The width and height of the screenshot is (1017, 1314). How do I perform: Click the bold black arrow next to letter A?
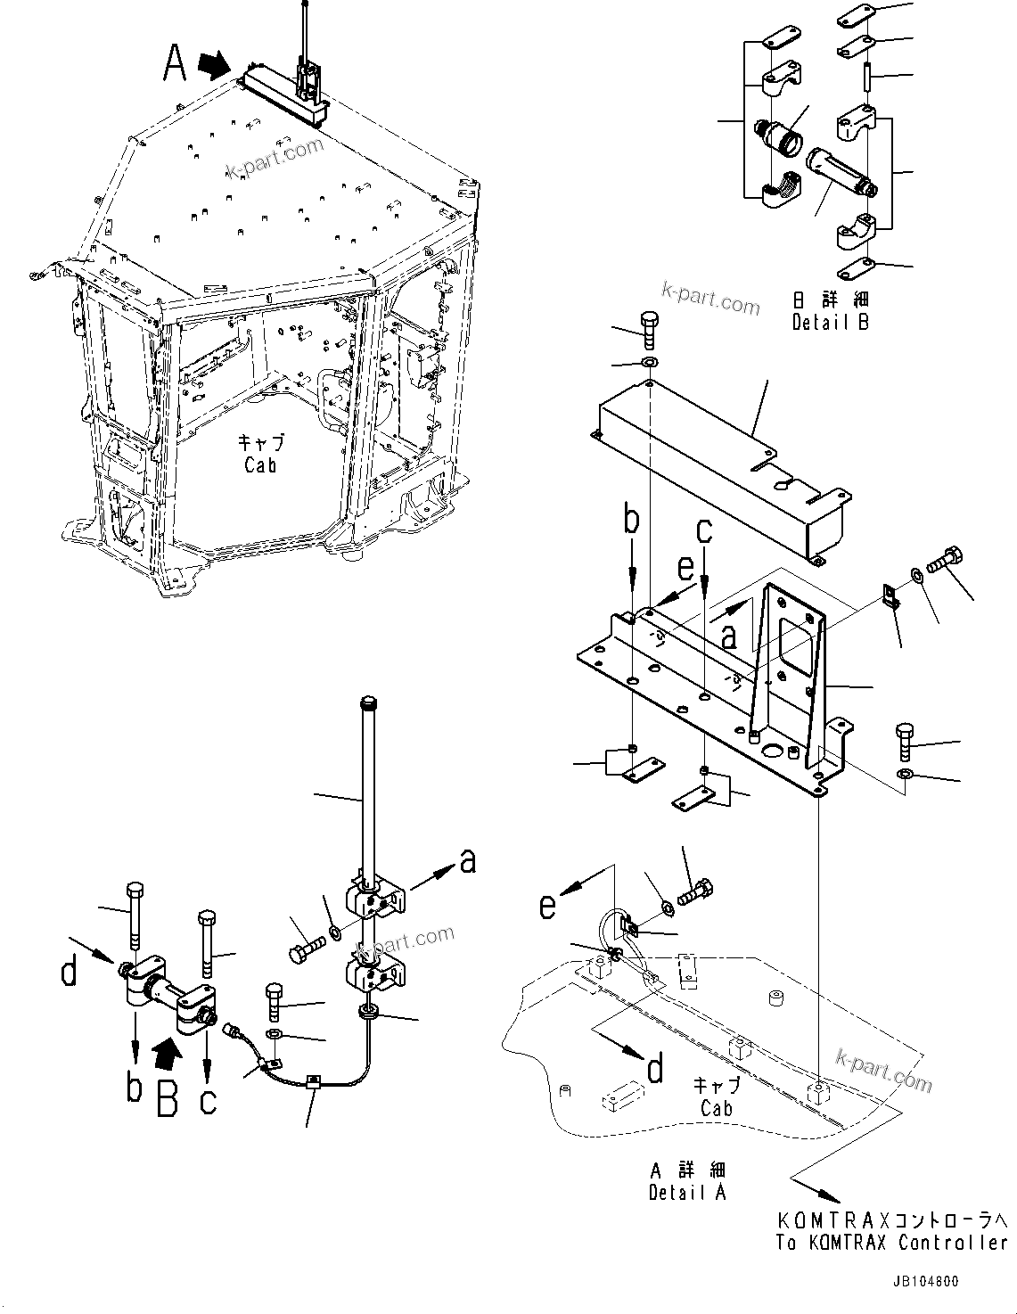(212, 64)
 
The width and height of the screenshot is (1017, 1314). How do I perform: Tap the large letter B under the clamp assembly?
(168, 1097)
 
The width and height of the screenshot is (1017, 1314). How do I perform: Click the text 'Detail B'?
(830, 322)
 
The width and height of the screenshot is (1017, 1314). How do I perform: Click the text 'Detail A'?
(687, 1192)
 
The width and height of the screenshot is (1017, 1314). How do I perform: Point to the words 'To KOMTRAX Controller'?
(891, 1243)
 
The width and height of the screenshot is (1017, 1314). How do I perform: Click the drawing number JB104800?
(923, 1281)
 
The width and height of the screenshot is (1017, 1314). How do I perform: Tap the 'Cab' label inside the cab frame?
(259, 464)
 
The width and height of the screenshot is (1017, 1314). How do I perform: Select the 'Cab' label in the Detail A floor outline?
(716, 1108)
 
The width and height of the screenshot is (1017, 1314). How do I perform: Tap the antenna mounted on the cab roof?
(306, 62)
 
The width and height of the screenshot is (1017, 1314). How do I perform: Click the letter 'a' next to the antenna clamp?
(467, 860)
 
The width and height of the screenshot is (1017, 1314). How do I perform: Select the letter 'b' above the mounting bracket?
(631, 520)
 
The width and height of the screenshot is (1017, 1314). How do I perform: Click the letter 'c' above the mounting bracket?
(704, 532)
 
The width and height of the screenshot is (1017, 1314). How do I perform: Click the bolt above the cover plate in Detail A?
(649, 332)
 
